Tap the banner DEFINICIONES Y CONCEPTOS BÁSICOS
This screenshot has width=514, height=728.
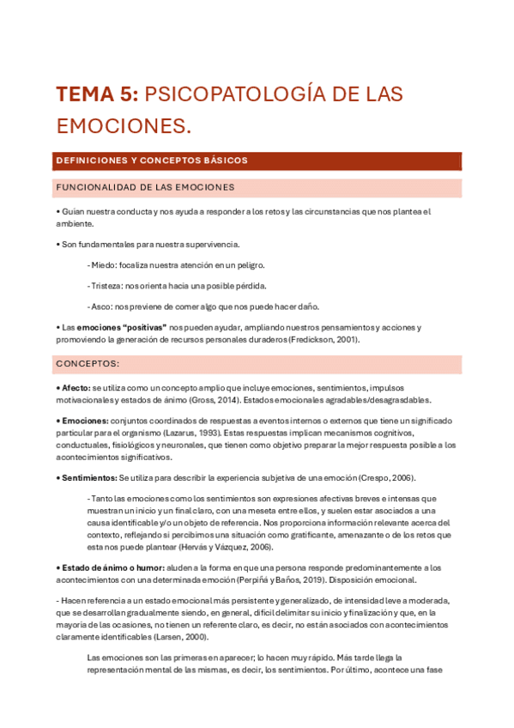(152, 161)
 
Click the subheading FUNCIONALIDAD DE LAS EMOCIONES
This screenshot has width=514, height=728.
(145, 187)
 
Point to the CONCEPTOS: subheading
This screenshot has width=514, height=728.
(88, 364)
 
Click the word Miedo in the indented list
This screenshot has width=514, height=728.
(104, 265)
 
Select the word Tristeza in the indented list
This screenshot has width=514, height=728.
(107, 286)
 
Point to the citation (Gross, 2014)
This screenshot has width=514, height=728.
(213, 400)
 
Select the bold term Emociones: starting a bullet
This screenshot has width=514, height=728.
(82, 421)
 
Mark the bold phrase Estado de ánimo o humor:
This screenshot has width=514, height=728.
(111, 567)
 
